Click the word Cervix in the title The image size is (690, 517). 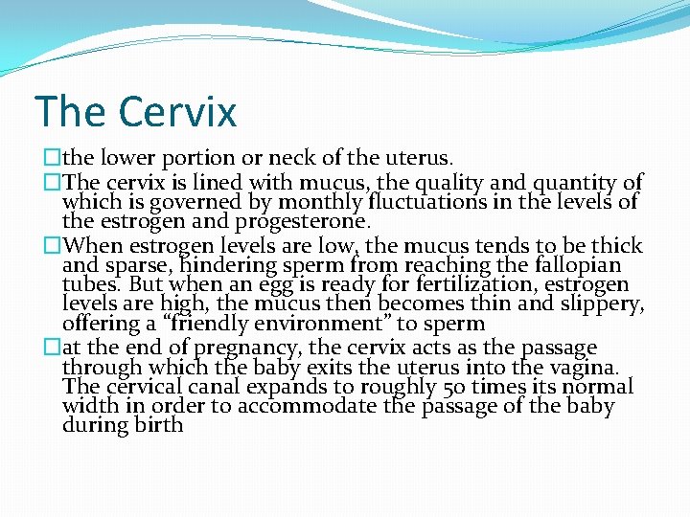click(x=177, y=111)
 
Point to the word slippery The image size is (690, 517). click(x=599, y=305)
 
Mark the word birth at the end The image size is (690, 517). click(x=155, y=425)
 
